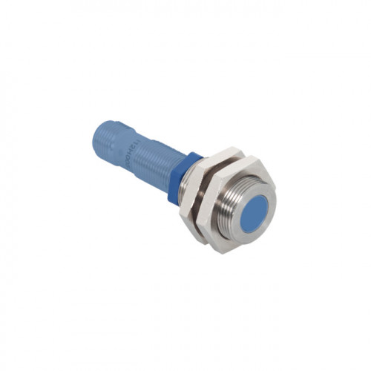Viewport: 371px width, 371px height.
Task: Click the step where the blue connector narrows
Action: [x=131, y=141]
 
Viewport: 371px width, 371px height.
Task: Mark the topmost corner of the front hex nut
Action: [x=248, y=157]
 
